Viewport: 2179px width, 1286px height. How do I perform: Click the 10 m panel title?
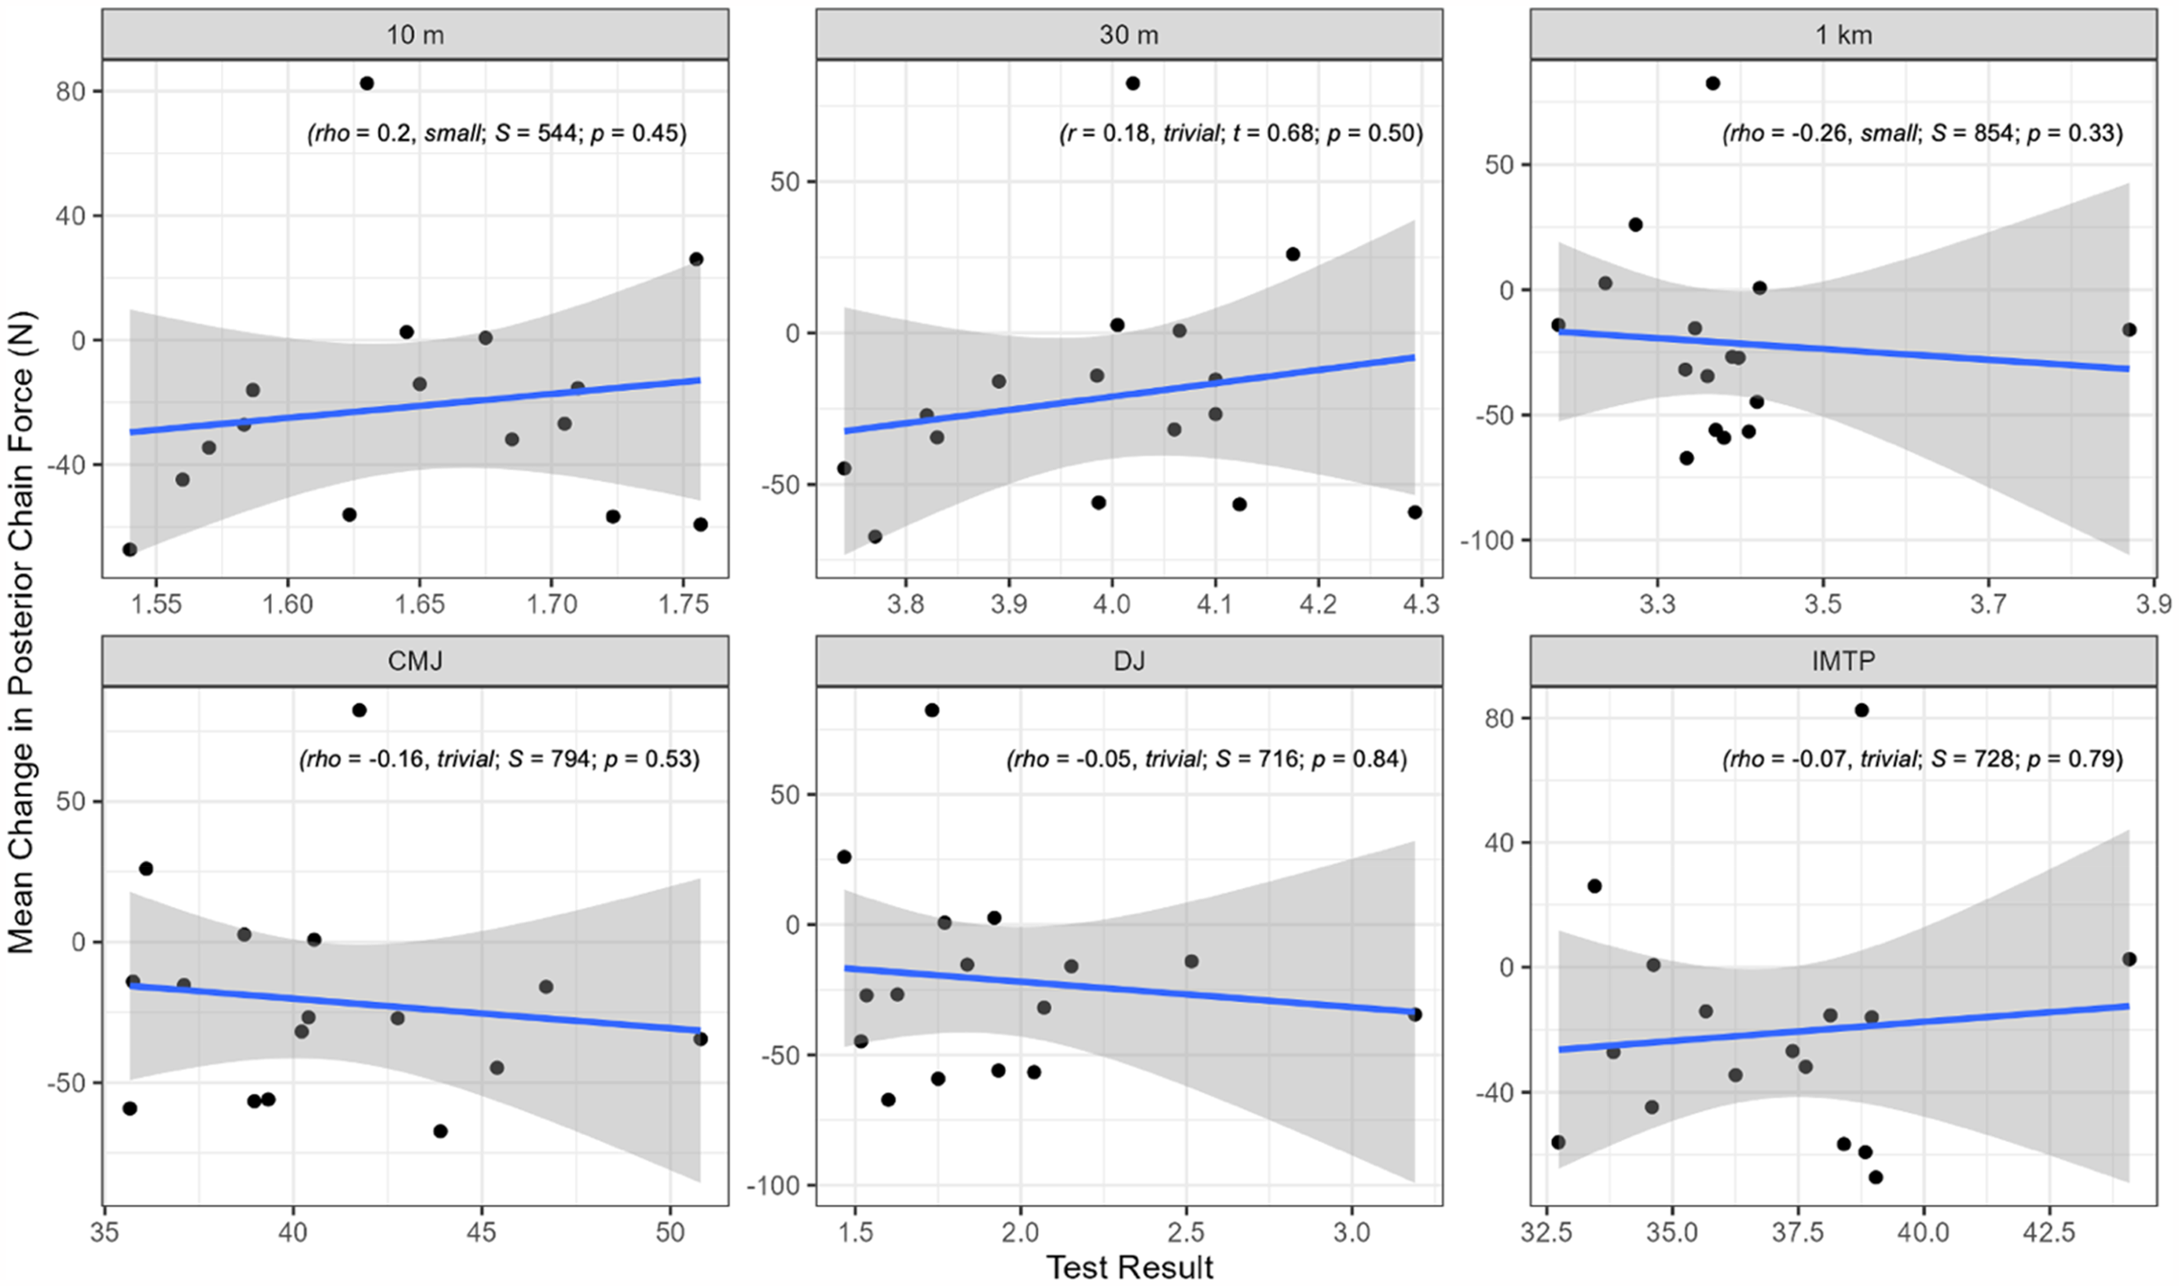pyautogui.click(x=415, y=35)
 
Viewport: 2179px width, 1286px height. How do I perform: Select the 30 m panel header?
pyautogui.click(x=1129, y=35)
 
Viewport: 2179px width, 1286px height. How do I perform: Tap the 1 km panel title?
pyautogui.click(x=1844, y=35)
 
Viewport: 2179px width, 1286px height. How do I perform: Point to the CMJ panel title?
pyautogui.click(x=415, y=661)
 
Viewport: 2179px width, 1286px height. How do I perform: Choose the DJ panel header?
pyautogui.click(x=1129, y=661)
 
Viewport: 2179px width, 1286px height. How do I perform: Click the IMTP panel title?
pyautogui.click(x=1844, y=661)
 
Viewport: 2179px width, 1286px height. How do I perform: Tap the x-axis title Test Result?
pyautogui.click(x=1129, y=1267)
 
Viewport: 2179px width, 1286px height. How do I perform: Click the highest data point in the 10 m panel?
pyautogui.click(x=367, y=83)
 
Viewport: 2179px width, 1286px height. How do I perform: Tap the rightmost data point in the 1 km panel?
pyautogui.click(x=2129, y=329)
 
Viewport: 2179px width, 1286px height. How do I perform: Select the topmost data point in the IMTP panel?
pyautogui.click(x=1861, y=710)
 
